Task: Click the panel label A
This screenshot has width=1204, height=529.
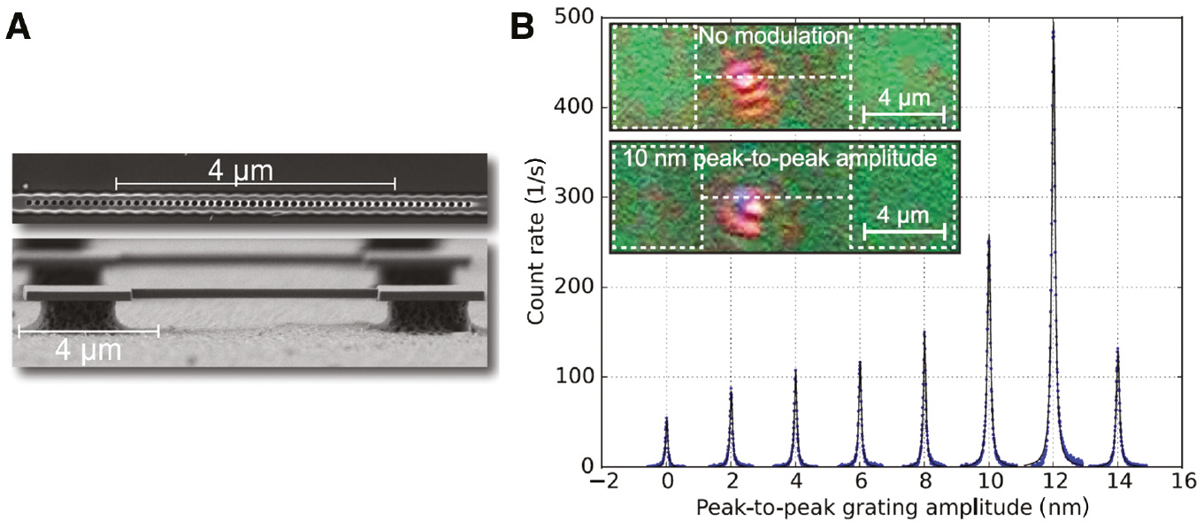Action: tap(19, 27)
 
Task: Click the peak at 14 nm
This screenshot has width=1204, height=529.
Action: tap(1117, 350)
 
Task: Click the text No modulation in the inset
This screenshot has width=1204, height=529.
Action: tap(773, 37)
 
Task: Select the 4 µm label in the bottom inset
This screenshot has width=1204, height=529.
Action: tap(903, 215)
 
